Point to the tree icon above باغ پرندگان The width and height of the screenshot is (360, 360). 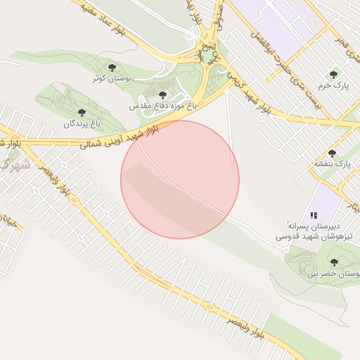click(79, 112)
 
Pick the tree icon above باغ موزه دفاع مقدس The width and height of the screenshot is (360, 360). click(162, 94)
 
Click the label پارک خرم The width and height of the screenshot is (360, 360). click(333, 85)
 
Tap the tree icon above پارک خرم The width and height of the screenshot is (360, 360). click(333, 72)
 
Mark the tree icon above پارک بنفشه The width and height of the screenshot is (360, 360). click(333, 153)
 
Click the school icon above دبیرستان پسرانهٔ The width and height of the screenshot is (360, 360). click(314, 214)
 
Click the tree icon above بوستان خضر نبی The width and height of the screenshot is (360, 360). click(333, 262)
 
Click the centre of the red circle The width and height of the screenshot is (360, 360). click(180, 179)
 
